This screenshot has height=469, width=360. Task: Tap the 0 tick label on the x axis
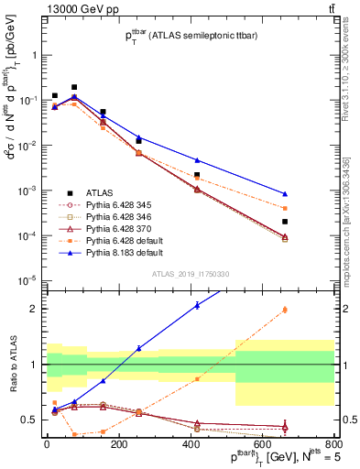[x=47, y=443]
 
